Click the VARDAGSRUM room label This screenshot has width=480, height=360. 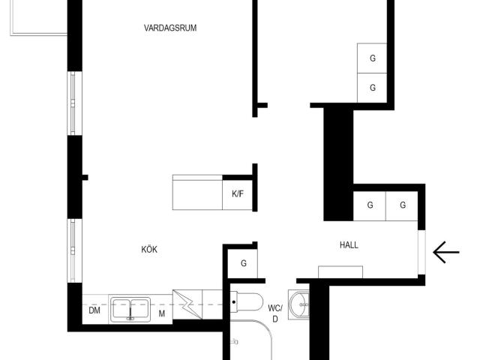170,28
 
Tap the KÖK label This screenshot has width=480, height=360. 149,249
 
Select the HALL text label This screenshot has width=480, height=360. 349,245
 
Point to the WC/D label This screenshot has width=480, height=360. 275,313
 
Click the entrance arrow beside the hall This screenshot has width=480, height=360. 446,252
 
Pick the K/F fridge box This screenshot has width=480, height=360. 238,194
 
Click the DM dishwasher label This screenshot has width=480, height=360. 94,310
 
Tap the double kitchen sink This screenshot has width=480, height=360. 130,309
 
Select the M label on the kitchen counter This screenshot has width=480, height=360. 162,313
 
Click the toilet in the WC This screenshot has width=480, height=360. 247,302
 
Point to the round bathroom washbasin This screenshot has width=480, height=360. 298,304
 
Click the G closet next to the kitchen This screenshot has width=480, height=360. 243,263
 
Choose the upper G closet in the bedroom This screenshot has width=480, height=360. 372,58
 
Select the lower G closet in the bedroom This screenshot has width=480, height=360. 372,88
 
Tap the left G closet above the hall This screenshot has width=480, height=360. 370,205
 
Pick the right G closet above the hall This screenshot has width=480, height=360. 402,205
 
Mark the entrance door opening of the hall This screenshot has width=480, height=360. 421,252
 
